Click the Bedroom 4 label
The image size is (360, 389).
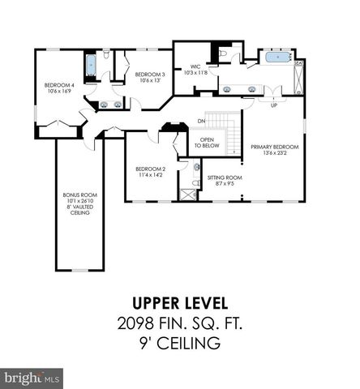point(60,86)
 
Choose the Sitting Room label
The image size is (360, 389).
point(221,180)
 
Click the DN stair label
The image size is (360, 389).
point(200,122)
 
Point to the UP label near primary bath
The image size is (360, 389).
point(272,105)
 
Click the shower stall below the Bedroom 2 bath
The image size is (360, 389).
point(188,193)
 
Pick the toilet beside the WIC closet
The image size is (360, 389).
point(223,55)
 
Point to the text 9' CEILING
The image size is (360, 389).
point(179,344)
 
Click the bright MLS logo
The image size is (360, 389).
point(32,378)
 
